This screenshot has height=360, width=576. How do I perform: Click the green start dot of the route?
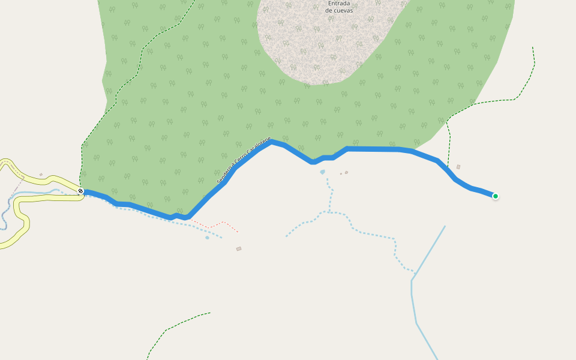pos(495,196)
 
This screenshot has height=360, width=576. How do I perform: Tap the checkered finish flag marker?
pos(80,191)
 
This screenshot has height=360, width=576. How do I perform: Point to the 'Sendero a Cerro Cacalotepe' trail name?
pos(244,159)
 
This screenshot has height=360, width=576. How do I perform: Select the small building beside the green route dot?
pos(458,167)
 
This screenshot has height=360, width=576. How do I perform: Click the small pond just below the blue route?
pos(322,172)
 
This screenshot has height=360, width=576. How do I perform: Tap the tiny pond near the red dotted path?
pos(207,238)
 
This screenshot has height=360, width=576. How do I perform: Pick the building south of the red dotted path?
pos(239,248)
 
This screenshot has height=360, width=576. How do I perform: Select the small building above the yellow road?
pos(41,175)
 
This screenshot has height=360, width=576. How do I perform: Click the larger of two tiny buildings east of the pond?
pos(346,173)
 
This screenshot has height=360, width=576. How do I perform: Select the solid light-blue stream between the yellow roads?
pos(42,193)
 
